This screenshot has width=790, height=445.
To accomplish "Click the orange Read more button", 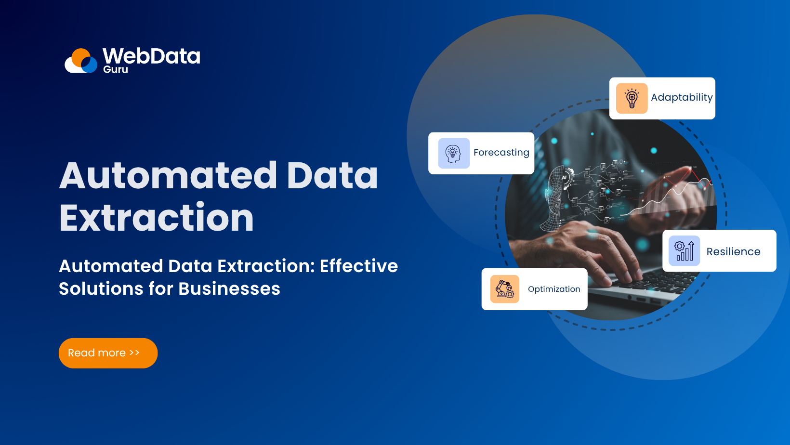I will (x=108, y=353).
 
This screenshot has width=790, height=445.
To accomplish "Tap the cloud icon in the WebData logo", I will (x=81, y=61).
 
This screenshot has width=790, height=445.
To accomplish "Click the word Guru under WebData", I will (x=116, y=69).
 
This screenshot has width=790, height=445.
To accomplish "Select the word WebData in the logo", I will (x=151, y=56).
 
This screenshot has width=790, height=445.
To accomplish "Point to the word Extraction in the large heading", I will (x=157, y=218).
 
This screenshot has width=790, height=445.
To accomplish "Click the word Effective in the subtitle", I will (x=359, y=266).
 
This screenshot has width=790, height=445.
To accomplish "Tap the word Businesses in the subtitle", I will (x=229, y=288).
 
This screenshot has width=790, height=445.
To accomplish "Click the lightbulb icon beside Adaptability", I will (x=632, y=98).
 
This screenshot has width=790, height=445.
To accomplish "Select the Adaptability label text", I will (x=682, y=97).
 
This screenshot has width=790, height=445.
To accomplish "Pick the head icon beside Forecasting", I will (x=454, y=154).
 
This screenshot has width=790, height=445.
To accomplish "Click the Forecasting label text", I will (x=501, y=153).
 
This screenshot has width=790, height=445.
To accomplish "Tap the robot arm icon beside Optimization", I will (x=504, y=289).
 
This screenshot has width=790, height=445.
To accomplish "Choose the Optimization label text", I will (x=554, y=289).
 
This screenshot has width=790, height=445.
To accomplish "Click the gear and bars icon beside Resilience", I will (x=684, y=251).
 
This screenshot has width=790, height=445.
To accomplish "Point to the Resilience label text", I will (x=733, y=251).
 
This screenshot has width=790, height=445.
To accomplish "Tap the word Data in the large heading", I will (x=332, y=175).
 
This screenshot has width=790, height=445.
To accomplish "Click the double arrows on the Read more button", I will (x=134, y=353).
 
